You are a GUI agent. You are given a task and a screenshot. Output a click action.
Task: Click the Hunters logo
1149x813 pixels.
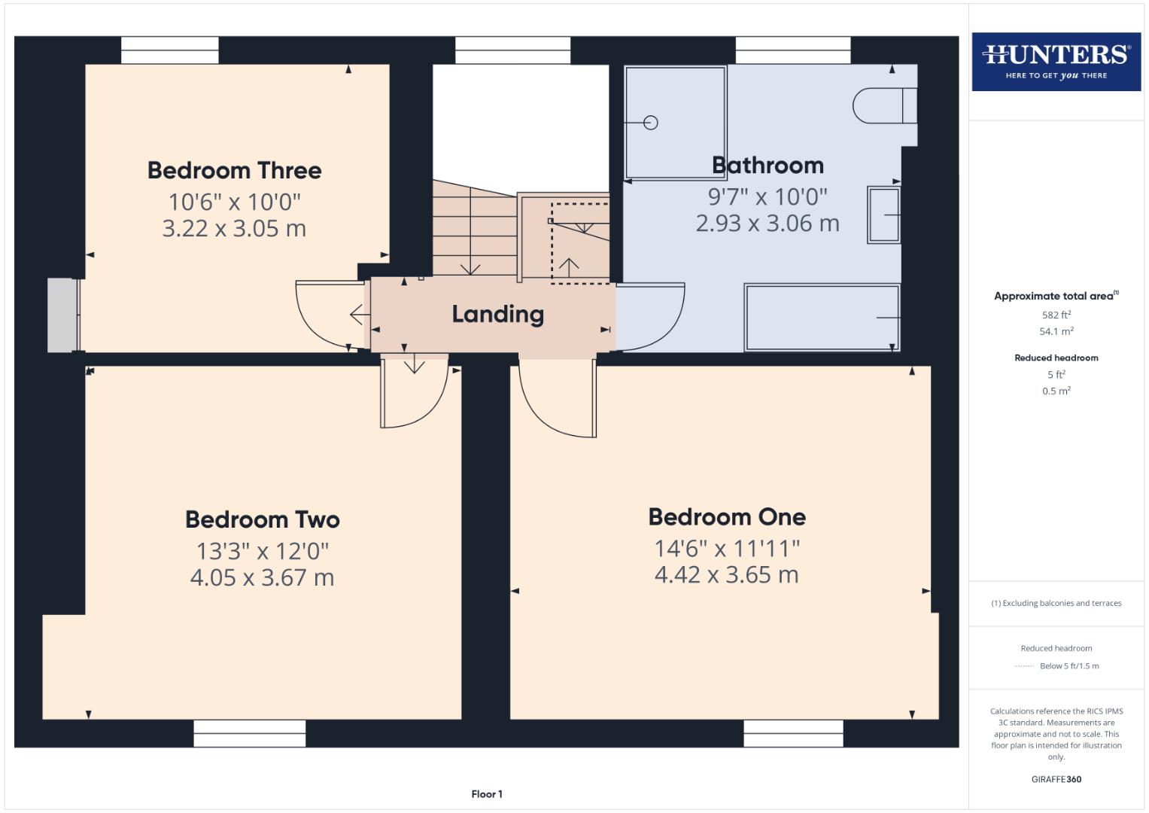[1056, 61]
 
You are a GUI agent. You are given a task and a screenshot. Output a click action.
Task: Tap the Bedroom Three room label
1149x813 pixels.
[234, 171]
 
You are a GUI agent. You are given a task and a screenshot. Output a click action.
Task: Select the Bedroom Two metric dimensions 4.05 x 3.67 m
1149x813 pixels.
[262, 578]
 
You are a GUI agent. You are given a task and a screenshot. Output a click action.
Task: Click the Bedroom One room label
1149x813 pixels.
[727, 517]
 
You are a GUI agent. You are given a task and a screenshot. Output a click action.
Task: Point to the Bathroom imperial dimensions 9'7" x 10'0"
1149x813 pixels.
[768, 197]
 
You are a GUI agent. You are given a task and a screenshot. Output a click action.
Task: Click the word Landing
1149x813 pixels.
[497, 315]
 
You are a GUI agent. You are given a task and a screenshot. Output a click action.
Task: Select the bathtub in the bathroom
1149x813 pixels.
[822, 317]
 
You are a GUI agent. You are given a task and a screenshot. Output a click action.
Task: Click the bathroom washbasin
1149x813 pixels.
[884, 215]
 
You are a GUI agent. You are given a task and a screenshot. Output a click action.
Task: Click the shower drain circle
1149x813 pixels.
[651, 123]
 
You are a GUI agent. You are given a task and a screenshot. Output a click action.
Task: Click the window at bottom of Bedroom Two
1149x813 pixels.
[249, 733]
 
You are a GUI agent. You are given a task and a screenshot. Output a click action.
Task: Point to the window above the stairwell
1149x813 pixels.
[512, 50]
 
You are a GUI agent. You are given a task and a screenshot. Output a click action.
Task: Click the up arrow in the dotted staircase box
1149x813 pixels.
[569, 266]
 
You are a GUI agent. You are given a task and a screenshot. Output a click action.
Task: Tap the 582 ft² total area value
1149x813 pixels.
[1056, 315]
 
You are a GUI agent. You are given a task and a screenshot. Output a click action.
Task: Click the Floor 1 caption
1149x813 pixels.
[487, 794]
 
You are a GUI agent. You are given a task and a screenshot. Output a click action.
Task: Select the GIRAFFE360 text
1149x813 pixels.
[1056, 779]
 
